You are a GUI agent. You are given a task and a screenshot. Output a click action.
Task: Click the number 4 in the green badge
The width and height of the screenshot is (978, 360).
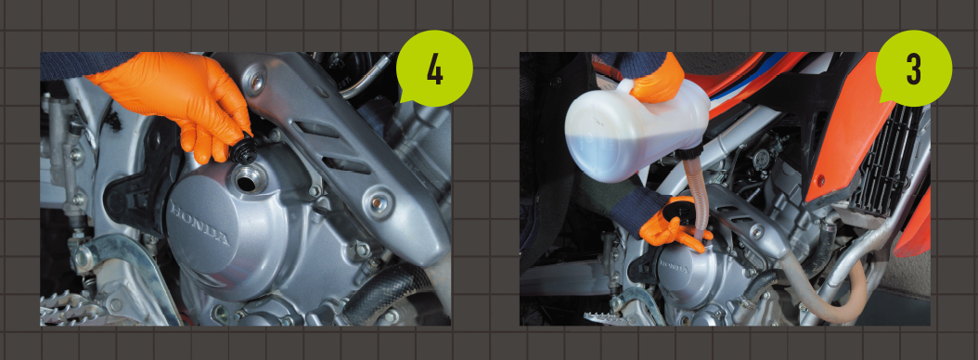[435, 71]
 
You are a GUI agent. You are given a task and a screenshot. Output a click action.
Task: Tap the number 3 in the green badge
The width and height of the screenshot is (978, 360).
[913, 71]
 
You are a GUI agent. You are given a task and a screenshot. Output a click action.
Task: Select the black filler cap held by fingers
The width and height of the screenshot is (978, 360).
[244, 151]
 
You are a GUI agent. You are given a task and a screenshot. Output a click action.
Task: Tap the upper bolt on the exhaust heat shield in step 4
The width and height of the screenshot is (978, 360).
[256, 81]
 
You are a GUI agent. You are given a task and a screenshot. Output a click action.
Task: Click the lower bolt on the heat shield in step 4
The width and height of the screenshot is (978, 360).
[379, 203]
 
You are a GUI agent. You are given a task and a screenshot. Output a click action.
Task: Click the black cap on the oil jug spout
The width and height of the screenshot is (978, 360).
[688, 154]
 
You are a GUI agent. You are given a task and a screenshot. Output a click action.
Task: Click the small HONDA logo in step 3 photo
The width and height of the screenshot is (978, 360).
[673, 268]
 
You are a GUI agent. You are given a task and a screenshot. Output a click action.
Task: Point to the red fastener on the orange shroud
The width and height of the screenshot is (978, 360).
[821, 182]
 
